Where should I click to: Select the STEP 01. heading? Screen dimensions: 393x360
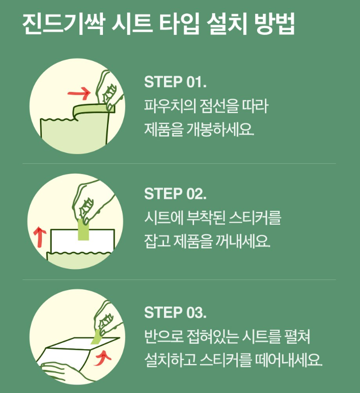tap(175, 82)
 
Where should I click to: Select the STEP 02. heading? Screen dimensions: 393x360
tap(175, 194)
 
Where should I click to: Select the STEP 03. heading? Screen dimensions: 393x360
tap(175, 312)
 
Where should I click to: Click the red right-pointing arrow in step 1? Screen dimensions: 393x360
tap(79, 92)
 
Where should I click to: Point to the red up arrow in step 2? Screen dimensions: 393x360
tap(38, 238)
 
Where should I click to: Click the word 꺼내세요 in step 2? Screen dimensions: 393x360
tap(244, 242)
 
